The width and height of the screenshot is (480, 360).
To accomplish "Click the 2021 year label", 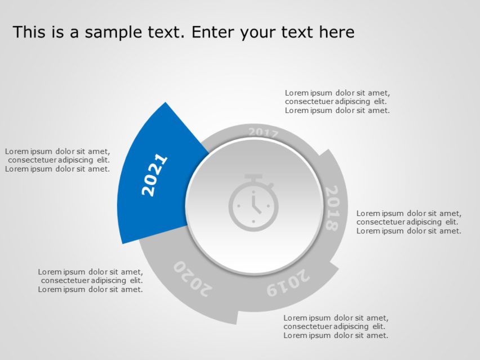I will point(154,175).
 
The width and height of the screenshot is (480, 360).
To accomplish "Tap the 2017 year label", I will point(263,133).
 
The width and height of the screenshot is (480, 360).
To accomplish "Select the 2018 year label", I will point(332,208).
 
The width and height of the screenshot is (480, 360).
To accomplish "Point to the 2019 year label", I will point(288,282).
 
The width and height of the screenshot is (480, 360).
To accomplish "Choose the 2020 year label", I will point(192,277).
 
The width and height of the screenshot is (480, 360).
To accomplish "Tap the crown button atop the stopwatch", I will point(254,179).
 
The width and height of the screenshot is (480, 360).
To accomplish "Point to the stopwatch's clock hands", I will point(255,205).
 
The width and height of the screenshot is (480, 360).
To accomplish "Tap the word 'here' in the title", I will point(336,32).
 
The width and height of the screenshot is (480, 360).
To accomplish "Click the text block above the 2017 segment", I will point(337,102).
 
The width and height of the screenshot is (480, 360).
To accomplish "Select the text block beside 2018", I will point(409,222).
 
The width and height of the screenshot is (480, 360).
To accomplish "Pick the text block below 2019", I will point(335,327).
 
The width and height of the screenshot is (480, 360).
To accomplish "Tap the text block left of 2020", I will point(91,281).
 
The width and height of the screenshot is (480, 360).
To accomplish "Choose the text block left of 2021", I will point(57,160).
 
